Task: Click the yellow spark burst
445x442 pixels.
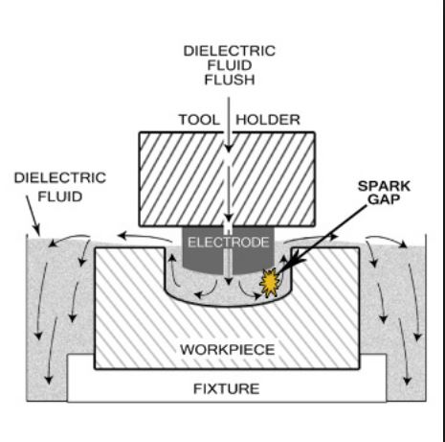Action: pos(270,283)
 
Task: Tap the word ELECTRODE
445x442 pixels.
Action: pos(229,243)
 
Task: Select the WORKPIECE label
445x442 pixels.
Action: pos(228,350)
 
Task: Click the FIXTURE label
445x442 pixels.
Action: pos(227,389)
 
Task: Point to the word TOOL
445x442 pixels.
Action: pos(199,120)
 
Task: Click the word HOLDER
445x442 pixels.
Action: pos(268,120)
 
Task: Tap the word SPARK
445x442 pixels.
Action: pos(384,186)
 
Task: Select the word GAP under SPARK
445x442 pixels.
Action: pos(384,199)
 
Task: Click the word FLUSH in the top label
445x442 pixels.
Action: pos(230,80)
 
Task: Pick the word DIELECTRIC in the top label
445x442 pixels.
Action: pos(230,51)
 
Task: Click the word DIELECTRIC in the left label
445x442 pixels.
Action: pos(60,178)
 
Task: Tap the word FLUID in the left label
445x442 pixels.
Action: pos(60,197)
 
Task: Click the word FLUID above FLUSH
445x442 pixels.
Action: pos(230,65)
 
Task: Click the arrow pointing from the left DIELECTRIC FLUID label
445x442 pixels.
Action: pos(33,216)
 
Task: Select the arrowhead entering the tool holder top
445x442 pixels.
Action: pos(229,149)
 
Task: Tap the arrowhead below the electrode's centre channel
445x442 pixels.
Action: pos(229,282)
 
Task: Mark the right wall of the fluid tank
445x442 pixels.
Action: pos(426,317)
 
